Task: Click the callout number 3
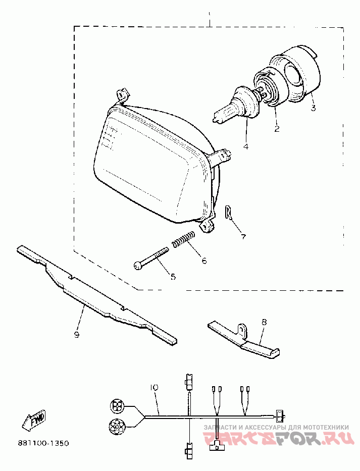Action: [x=313, y=108]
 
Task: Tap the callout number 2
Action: [x=277, y=128]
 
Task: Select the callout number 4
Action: [x=246, y=147]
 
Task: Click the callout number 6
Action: [x=204, y=261]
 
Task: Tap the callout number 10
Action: [x=154, y=388]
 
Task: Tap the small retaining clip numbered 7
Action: [x=228, y=213]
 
